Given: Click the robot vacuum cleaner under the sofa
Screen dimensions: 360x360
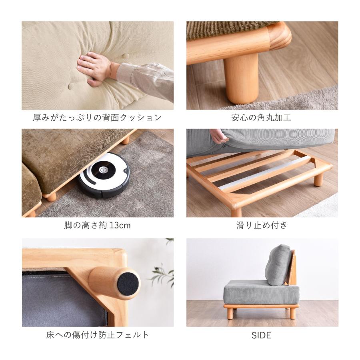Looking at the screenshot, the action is coord(103,175).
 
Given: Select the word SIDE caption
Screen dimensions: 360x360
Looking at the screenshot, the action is coord(261,336).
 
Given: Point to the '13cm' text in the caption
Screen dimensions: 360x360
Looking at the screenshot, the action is coord(120,226).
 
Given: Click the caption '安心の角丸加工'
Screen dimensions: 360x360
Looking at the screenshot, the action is coord(261,118).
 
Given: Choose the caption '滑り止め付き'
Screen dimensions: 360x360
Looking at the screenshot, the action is coord(262,225).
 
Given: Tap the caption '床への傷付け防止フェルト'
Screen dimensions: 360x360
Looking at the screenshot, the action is coord(98,335).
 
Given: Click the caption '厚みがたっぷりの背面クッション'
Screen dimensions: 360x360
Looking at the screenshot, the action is coord(97,118).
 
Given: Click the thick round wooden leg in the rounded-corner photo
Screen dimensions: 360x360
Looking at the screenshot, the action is coord(242,79).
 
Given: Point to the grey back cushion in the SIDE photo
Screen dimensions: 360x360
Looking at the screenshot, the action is coord(278,265).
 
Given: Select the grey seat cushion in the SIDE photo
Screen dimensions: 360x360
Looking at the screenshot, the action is coord(261,292).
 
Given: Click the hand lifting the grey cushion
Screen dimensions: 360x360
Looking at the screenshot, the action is coord(218,136).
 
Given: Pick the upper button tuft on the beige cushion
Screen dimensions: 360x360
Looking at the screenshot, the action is coord(125,56).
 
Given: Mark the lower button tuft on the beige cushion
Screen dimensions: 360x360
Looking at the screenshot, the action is coord(71,86).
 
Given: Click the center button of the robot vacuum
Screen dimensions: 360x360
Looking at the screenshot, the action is coord(103,170).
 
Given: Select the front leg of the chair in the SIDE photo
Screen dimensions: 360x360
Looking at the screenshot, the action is coord(230,313).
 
